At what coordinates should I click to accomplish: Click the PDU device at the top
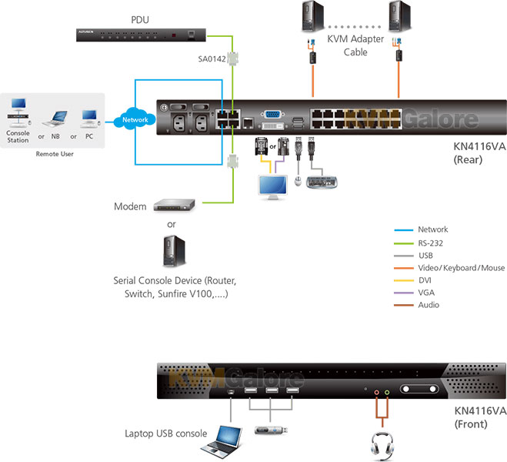click(142, 34)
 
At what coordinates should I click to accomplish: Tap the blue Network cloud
click(135, 120)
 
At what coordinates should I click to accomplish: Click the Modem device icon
click(174, 206)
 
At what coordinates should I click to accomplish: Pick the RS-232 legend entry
click(432, 243)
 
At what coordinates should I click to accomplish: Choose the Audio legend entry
click(429, 305)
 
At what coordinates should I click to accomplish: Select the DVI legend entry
click(426, 280)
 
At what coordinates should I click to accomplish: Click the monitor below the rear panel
click(272, 186)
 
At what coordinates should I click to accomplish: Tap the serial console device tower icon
click(175, 249)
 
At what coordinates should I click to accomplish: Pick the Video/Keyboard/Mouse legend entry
click(461, 268)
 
